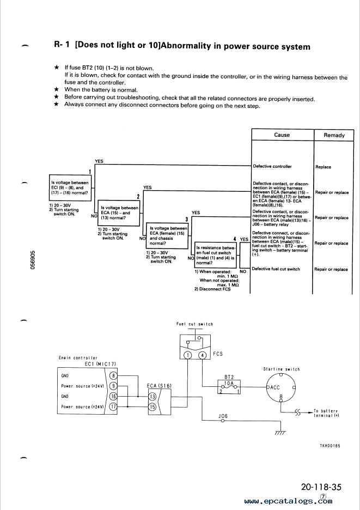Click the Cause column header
(282, 135)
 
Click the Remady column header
(334, 135)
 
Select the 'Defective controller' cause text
(272, 166)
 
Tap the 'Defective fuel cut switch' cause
(276, 269)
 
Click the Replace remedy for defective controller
(324, 167)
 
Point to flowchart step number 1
(90, 172)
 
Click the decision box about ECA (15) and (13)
(119, 213)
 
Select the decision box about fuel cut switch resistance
(216, 255)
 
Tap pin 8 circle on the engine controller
(113, 375)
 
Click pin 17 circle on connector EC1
(113, 406)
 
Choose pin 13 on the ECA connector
(152, 396)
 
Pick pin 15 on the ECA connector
(152, 406)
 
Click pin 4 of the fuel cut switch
(202, 355)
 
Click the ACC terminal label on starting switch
(275, 387)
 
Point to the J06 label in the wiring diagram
(223, 416)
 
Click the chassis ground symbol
(280, 433)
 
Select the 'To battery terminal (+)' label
(326, 413)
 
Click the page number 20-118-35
(321, 487)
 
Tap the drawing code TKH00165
(330, 446)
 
